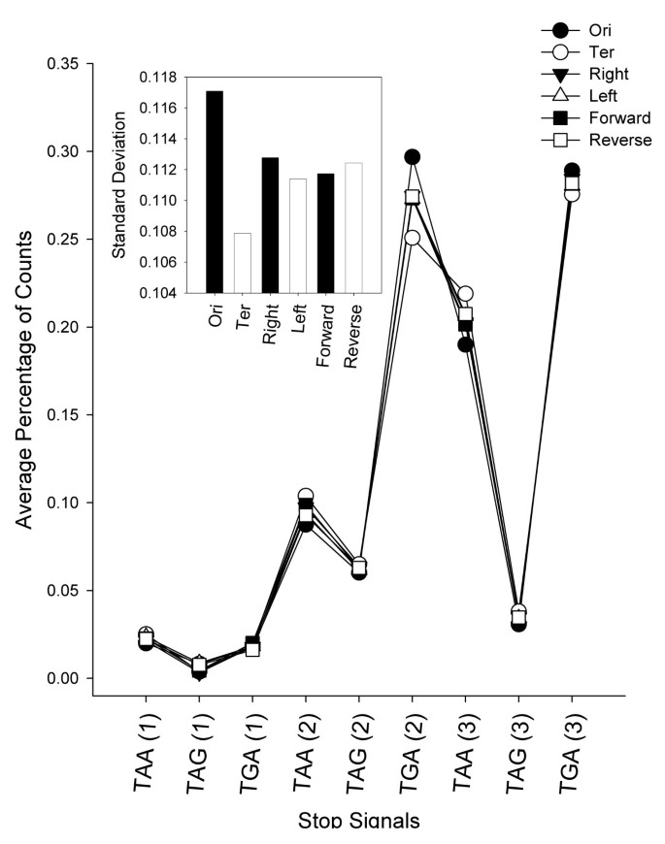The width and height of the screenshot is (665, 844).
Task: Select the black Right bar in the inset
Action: click(x=270, y=224)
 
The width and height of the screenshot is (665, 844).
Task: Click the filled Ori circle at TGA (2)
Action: click(x=412, y=157)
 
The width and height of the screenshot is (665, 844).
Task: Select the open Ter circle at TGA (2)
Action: click(x=412, y=238)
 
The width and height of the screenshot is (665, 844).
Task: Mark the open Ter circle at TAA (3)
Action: click(x=465, y=294)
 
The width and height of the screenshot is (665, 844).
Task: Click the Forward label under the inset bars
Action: click(x=326, y=326)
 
